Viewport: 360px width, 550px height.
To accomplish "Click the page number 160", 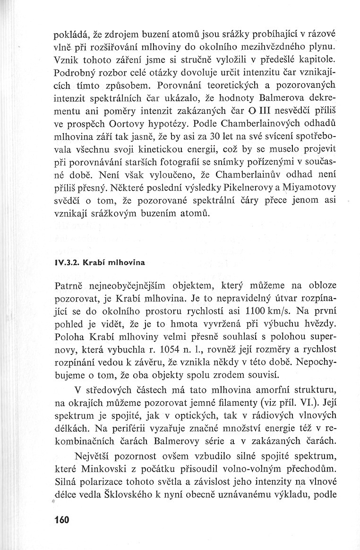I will coord(62,520).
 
